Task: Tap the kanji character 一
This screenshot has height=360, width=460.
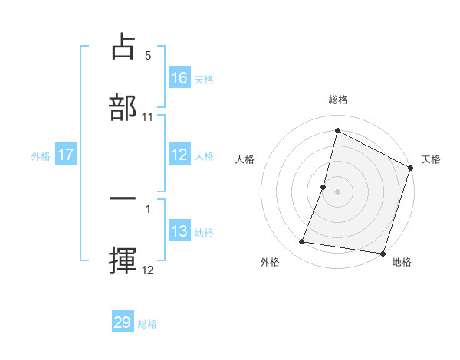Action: [x=123, y=198]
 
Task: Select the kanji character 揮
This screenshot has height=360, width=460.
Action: [x=123, y=258]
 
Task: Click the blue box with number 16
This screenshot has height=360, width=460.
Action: [x=179, y=78]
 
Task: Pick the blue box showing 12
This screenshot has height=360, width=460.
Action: [x=179, y=155]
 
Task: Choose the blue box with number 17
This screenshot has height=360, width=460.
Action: [x=66, y=155]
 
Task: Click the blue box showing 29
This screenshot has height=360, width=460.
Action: [x=123, y=322]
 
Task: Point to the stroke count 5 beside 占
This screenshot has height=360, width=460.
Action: [x=148, y=56]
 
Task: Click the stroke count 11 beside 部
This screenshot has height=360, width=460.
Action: [x=148, y=116]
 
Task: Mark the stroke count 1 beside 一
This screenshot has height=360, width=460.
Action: [x=148, y=208]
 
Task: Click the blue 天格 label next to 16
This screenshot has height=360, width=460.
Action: [x=204, y=79]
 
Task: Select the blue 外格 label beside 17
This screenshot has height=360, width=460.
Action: [x=41, y=155]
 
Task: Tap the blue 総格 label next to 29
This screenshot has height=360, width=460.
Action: [x=147, y=323]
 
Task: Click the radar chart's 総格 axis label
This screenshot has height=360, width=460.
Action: [x=337, y=100]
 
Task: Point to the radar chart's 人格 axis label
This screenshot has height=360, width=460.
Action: [x=245, y=159]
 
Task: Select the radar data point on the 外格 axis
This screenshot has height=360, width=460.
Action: [x=302, y=242]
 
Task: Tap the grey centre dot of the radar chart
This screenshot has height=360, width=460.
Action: [x=338, y=190]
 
